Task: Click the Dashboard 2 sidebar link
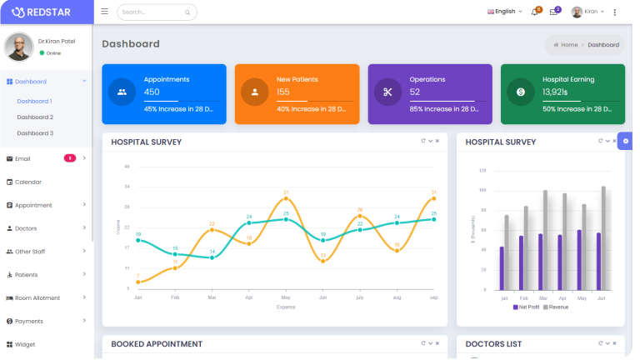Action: [35, 117]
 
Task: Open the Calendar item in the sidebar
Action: [28, 182]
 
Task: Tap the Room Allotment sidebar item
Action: [37, 297]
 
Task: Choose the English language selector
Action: [504, 12]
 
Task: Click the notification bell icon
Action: [534, 12]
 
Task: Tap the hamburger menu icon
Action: [104, 12]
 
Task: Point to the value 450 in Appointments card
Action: [152, 92]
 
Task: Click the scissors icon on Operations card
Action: [387, 92]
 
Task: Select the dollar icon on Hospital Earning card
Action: [521, 92]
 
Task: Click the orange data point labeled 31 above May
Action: [286, 198]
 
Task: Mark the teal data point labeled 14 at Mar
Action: [212, 257]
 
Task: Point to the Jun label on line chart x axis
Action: [322, 297]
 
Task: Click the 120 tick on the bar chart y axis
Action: [482, 170]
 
